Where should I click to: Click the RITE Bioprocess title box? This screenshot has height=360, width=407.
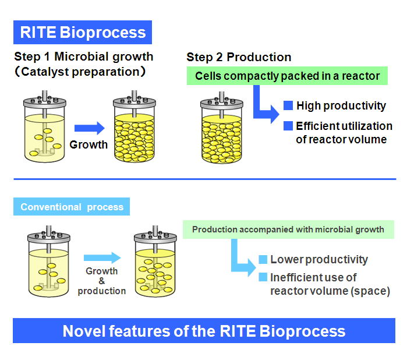pos(83,32)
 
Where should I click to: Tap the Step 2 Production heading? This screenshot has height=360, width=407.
pos(239,57)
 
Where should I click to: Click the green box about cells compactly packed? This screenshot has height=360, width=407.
pos(288,76)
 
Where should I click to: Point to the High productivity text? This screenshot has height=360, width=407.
pos(341,105)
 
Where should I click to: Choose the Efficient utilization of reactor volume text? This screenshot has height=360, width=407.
pos(344,132)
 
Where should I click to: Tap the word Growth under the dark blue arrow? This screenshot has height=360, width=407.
pos(89,144)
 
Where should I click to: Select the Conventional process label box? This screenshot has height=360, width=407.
pos(72,207)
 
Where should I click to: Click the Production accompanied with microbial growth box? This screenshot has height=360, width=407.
pos(288,229)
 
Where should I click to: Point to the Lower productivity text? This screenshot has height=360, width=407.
pos(318,259)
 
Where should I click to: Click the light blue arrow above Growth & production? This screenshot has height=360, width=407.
pos(101,257)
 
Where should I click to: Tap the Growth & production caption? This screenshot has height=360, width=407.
pos(102,281)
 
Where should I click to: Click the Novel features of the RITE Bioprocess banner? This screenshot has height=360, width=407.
pos(204,331)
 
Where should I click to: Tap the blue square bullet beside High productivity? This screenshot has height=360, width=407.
pos(288,105)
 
